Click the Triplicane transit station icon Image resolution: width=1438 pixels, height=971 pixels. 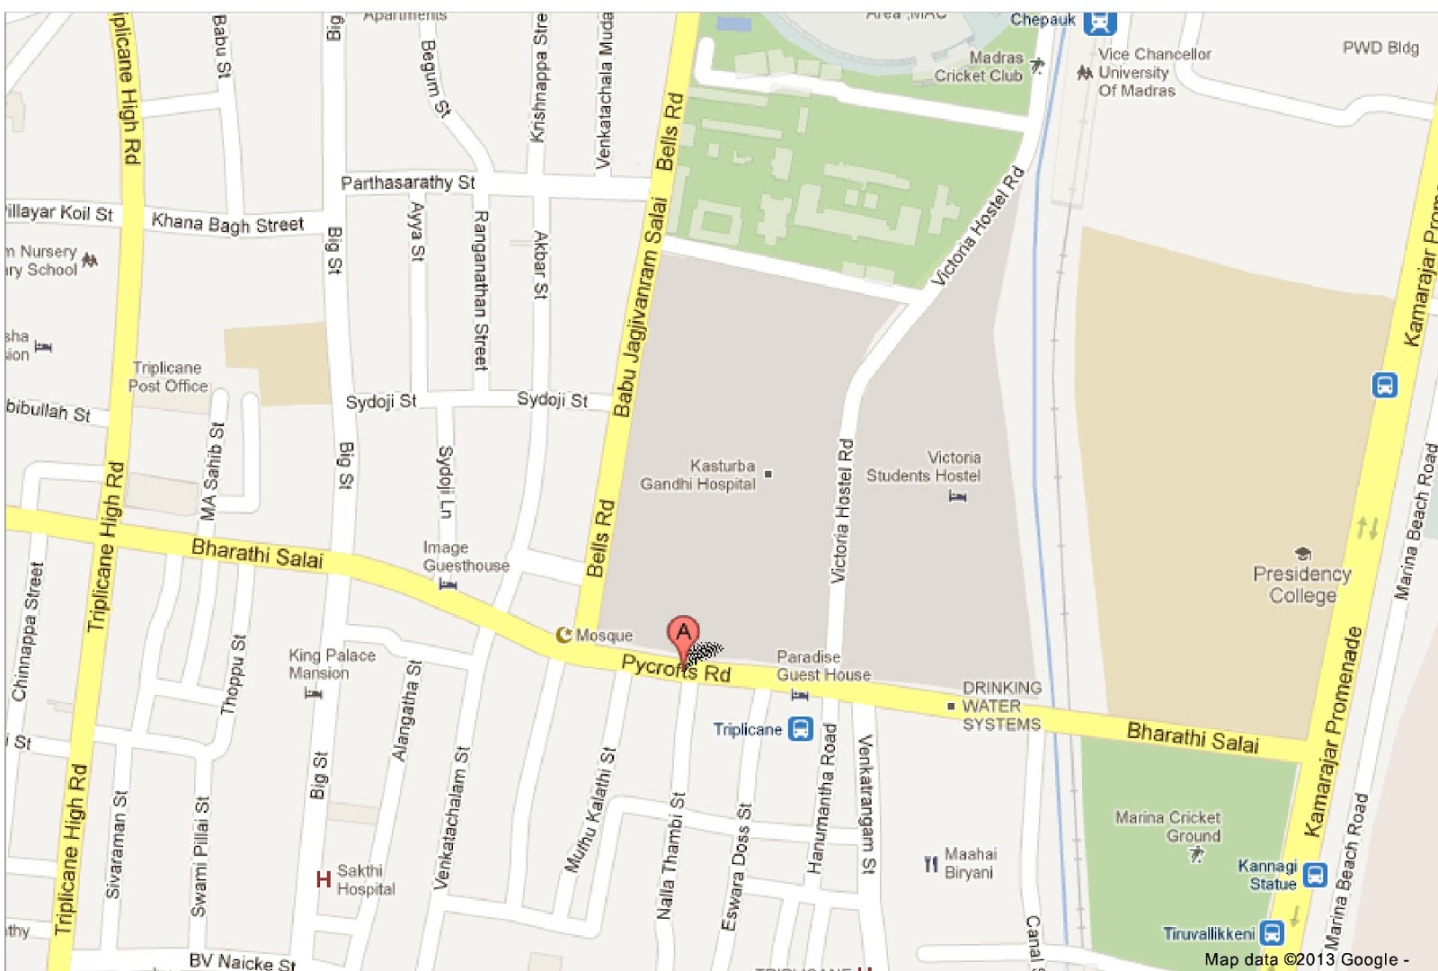(x=800, y=729)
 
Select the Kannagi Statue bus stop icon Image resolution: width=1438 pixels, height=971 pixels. (x=1315, y=874)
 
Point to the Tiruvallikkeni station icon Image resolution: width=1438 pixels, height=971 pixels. (x=1272, y=933)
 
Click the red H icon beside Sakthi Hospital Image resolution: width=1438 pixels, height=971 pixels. (x=324, y=879)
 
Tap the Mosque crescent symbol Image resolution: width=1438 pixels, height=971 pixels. (x=564, y=636)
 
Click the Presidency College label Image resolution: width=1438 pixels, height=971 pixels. (x=1301, y=584)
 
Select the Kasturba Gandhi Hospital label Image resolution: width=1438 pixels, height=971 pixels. (x=698, y=475)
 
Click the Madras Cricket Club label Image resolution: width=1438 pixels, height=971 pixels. (x=979, y=67)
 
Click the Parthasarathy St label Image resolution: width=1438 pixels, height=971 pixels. (x=407, y=183)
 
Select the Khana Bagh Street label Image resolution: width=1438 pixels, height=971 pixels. (x=227, y=223)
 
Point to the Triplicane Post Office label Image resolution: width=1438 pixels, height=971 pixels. (x=168, y=377)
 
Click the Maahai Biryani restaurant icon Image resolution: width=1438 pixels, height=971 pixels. (x=931, y=864)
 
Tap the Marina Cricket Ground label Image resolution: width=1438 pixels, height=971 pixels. (x=1167, y=826)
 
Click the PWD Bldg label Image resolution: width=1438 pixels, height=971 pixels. (x=1380, y=48)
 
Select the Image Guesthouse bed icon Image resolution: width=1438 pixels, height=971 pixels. (x=448, y=584)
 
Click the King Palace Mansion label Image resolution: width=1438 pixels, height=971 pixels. (x=332, y=664)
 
